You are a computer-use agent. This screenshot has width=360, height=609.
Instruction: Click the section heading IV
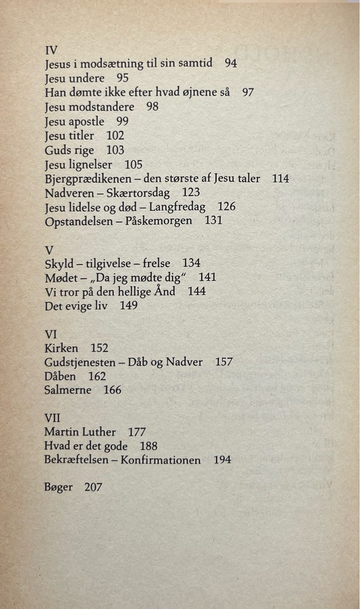(51, 50)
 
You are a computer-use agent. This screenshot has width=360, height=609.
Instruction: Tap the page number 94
(231, 63)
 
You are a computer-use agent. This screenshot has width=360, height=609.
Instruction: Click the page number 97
(248, 92)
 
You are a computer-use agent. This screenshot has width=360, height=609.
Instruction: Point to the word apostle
(86, 121)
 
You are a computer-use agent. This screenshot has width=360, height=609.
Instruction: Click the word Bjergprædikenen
(88, 179)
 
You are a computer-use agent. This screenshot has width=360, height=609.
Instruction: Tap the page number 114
(280, 178)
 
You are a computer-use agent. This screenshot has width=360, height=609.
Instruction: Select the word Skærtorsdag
(138, 193)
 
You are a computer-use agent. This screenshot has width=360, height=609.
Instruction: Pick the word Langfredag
(177, 207)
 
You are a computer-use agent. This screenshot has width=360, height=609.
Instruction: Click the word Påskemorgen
(158, 221)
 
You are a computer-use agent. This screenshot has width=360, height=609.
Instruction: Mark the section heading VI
(51, 334)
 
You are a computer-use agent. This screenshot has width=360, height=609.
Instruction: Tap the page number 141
(207, 277)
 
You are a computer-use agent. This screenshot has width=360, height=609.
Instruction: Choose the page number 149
(129, 306)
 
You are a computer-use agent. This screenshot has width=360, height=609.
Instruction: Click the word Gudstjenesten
(80, 362)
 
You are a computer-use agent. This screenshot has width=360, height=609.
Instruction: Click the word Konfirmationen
(161, 460)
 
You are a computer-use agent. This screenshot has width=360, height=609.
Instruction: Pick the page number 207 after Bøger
(93, 487)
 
